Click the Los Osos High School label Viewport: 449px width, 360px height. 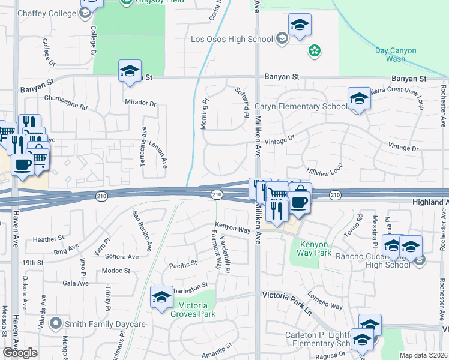pyautogui.click(x=231, y=40)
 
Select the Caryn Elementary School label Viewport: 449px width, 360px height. pyautogui.click(x=300, y=107)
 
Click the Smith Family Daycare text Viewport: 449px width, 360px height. pyautogui.click(x=106, y=325)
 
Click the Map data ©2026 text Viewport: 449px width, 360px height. pyautogui.click(x=423, y=355)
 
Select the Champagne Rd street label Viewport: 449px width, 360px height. pyautogui.click(x=66, y=103)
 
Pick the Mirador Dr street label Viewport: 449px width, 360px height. pyautogui.click(x=140, y=102)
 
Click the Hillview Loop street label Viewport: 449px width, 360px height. pyautogui.click(x=324, y=169)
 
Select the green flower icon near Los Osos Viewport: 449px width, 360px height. pyautogui.click(x=314, y=51)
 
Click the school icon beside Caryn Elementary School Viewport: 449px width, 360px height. pyautogui.click(x=358, y=99)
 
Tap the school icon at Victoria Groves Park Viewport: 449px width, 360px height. pyautogui.click(x=161, y=297)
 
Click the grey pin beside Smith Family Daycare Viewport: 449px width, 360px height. pyautogui.click(x=56, y=324)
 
